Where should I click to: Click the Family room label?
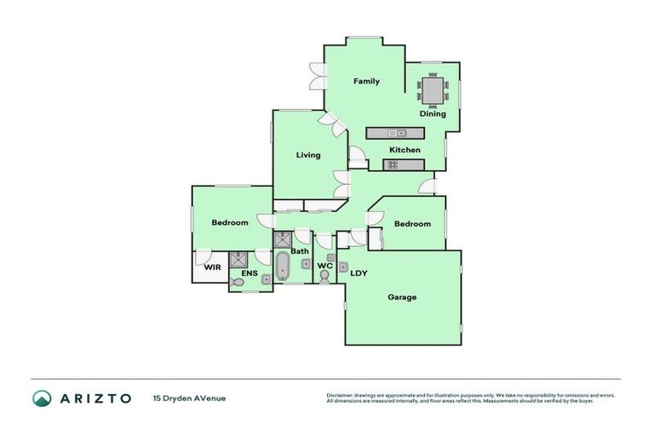pyautogui.click(x=367, y=82)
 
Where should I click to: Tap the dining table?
pyautogui.click(x=433, y=88)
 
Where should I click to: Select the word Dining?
pyautogui.click(x=433, y=114)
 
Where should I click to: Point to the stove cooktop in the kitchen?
pyautogui.click(x=393, y=164)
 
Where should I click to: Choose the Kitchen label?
pyautogui.click(x=404, y=150)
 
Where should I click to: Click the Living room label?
pyautogui.click(x=308, y=155)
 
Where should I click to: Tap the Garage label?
pyautogui.click(x=402, y=297)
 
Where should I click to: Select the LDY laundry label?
pyautogui.click(x=359, y=273)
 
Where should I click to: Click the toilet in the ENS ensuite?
pyautogui.click(x=239, y=281)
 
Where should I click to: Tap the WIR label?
pyautogui.click(x=212, y=267)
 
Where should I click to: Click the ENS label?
pyautogui.click(x=250, y=273)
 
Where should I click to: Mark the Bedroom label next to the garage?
pyautogui.click(x=412, y=224)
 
